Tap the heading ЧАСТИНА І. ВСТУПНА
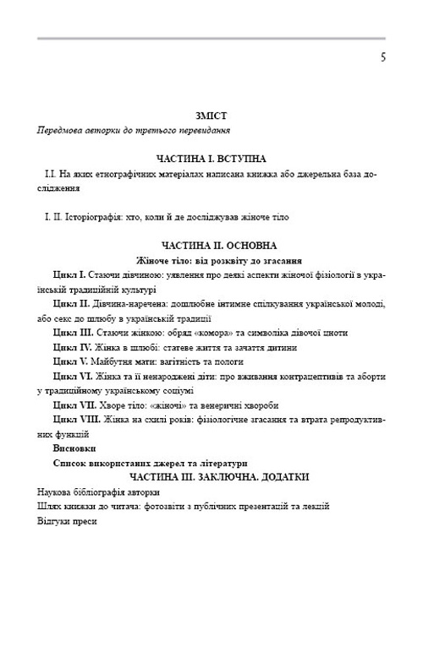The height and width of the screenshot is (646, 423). click(211, 159)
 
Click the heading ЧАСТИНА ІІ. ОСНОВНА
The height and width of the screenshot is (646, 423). click(211, 246)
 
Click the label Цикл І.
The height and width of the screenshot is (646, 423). click(69, 275)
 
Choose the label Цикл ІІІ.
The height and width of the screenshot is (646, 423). click(73, 333)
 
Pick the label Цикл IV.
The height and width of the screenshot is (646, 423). click(73, 347)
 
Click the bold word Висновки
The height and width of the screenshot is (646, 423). click(74, 448)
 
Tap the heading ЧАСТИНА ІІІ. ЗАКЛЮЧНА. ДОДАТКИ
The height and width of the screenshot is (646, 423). click(211, 477)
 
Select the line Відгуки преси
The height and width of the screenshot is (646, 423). click(68, 521)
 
